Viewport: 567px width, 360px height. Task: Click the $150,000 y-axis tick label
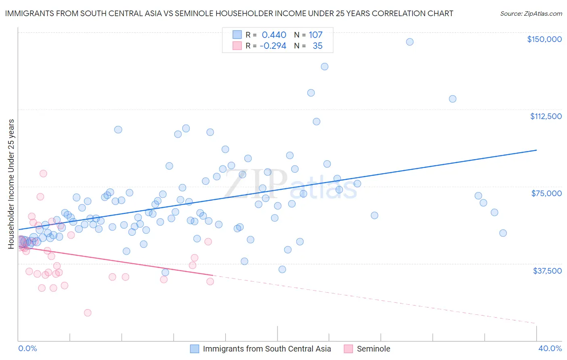[x=544, y=39]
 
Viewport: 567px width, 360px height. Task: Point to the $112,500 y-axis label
[x=546, y=116]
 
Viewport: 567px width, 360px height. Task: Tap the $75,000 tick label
[x=546, y=193]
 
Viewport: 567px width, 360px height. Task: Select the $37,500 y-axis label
[x=547, y=271]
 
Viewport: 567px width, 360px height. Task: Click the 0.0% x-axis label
[x=27, y=348]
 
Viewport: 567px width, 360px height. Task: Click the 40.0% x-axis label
[x=550, y=348]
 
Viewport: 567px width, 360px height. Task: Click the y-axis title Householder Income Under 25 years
[x=11, y=184]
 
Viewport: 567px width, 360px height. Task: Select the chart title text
[x=229, y=13]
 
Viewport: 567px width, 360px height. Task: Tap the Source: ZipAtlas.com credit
[x=531, y=14]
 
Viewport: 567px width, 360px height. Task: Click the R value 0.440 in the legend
[x=274, y=35]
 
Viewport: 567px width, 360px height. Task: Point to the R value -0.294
[x=273, y=46]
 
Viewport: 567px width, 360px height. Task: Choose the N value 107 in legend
[x=315, y=35]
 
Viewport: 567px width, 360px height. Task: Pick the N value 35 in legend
[x=317, y=46]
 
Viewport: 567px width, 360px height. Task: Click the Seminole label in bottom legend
[x=373, y=349]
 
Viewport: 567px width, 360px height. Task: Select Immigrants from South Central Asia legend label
[x=267, y=349]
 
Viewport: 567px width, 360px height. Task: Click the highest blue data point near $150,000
[x=410, y=42]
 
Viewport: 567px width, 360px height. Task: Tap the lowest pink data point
[x=88, y=313]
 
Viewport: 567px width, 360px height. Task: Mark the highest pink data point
[x=43, y=174]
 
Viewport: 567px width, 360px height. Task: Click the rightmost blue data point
[x=503, y=233]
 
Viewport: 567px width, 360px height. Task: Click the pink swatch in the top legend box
[x=237, y=46]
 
